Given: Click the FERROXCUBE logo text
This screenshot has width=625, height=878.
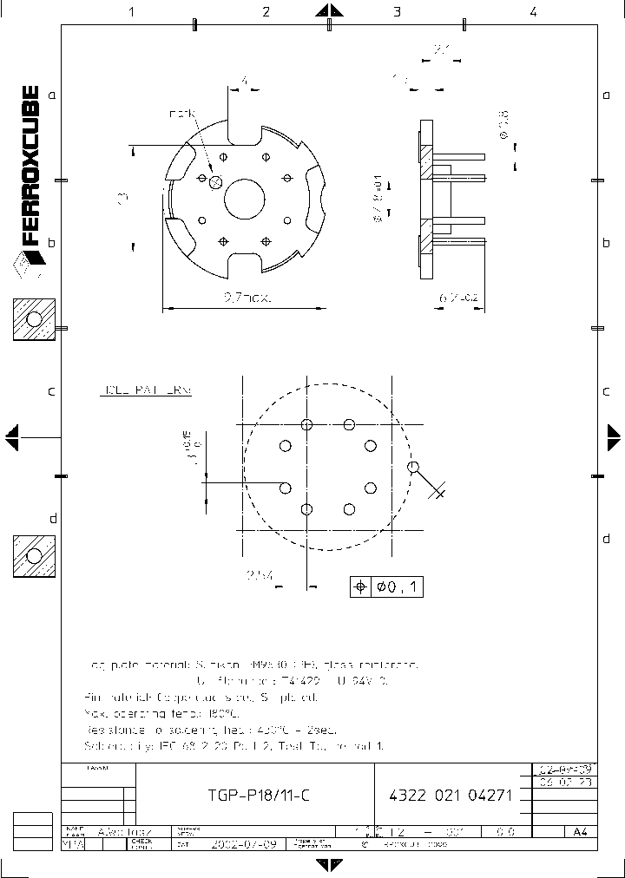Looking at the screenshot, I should coord(29,165).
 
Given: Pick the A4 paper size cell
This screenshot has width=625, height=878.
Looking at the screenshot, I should coord(579,831).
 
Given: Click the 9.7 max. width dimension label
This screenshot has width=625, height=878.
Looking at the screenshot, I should coord(247,298).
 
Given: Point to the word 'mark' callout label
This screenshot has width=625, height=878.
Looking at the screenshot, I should coord(183,114).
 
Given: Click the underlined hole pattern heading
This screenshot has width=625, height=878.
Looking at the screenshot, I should coord(145,391).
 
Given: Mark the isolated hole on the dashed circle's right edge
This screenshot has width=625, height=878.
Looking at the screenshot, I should coord(413,468).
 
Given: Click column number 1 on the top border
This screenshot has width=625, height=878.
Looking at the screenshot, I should coord(131,12).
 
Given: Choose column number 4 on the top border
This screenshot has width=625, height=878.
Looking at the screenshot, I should coord(533,12).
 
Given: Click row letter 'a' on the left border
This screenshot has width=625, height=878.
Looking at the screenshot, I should coord(51,95).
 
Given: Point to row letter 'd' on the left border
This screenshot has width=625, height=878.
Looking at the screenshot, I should coord(52,519).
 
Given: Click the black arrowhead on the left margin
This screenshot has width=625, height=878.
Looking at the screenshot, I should coord(10,437).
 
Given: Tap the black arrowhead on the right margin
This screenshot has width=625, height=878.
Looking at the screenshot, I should coord(615,437).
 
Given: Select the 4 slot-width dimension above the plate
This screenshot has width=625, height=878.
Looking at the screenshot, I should coord(245,81).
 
